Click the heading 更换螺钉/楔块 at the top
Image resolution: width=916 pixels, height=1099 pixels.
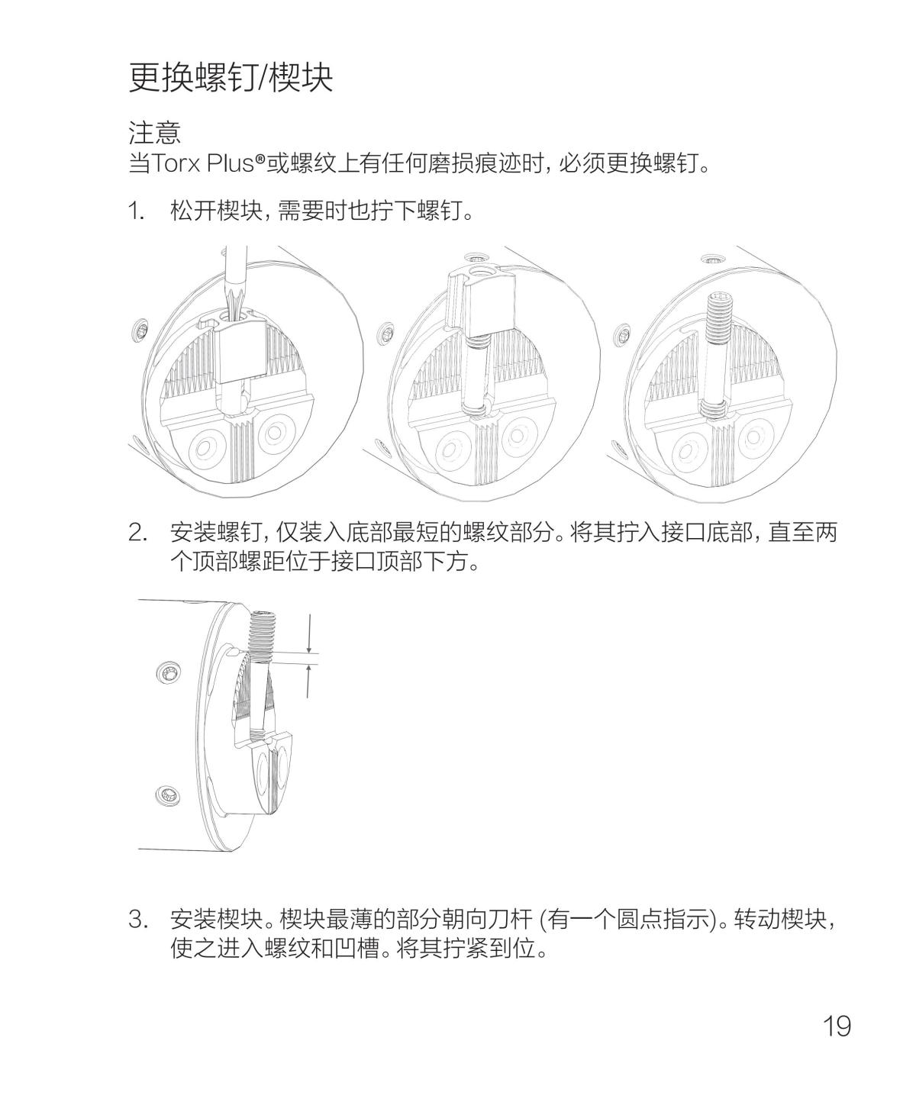pyautogui.click(x=231, y=77)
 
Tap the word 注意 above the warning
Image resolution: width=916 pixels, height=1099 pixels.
pyautogui.click(x=155, y=134)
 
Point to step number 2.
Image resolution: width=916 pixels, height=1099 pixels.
pyautogui.click(x=138, y=532)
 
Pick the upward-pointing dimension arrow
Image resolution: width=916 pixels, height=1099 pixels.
pyautogui.click(x=309, y=680)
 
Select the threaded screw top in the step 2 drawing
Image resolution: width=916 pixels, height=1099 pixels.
pyautogui.click(x=263, y=633)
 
